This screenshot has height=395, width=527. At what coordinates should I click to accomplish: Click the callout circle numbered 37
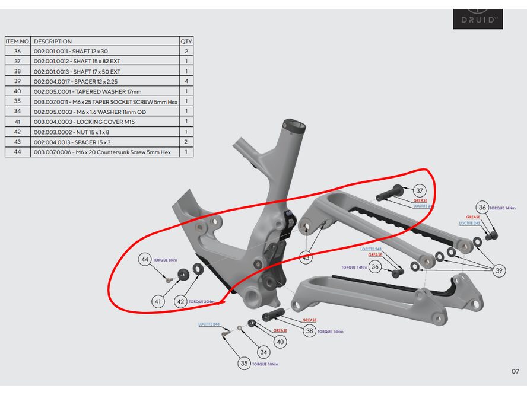click(x=420, y=190)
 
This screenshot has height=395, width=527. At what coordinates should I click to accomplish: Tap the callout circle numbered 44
click(x=145, y=260)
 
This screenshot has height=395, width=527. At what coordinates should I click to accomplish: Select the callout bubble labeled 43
click(x=306, y=257)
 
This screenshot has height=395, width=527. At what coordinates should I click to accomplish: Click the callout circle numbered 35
click(x=244, y=363)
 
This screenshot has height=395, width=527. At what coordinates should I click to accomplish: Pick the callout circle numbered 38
click(x=309, y=331)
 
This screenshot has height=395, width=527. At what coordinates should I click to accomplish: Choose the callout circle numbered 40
click(x=280, y=342)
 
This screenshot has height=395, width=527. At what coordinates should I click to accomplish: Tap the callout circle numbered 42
click(x=180, y=301)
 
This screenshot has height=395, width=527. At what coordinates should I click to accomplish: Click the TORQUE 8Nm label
click(x=166, y=260)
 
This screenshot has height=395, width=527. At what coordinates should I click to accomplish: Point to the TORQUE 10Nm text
click(x=265, y=364)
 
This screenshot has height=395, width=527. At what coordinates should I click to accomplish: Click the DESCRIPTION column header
click(x=53, y=42)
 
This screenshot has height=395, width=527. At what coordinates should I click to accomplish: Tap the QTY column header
click(x=186, y=42)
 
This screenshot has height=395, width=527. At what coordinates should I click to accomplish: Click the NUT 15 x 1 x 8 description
click(x=71, y=132)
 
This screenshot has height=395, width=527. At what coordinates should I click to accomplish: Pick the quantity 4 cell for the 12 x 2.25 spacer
click(x=186, y=81)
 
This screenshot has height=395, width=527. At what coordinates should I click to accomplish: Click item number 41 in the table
click(x=17, y=122)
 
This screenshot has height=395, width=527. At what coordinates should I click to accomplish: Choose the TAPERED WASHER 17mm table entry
click(x=80, y=91)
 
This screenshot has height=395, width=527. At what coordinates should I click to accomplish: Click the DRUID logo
click(x=478, y=19)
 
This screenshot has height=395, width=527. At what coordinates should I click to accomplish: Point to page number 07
click(x=515, y=371)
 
